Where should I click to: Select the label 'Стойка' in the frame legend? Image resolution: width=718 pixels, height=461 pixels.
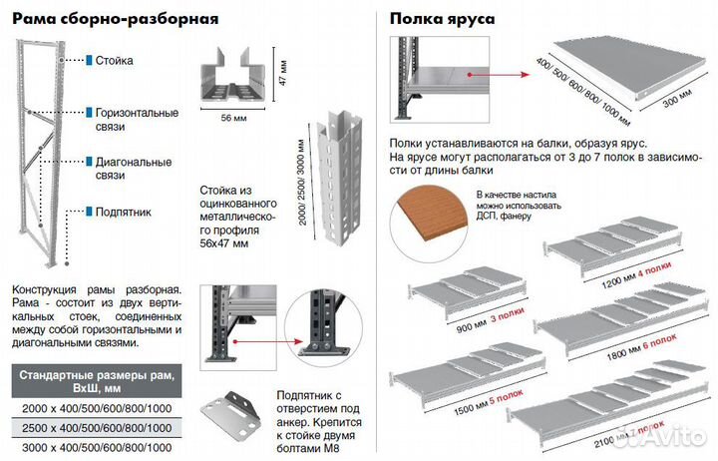tap(114, 61)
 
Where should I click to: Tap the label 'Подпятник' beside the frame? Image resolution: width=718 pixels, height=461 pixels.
tap(123, 212)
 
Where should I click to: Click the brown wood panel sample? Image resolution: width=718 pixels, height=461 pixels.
tap(431, 218)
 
